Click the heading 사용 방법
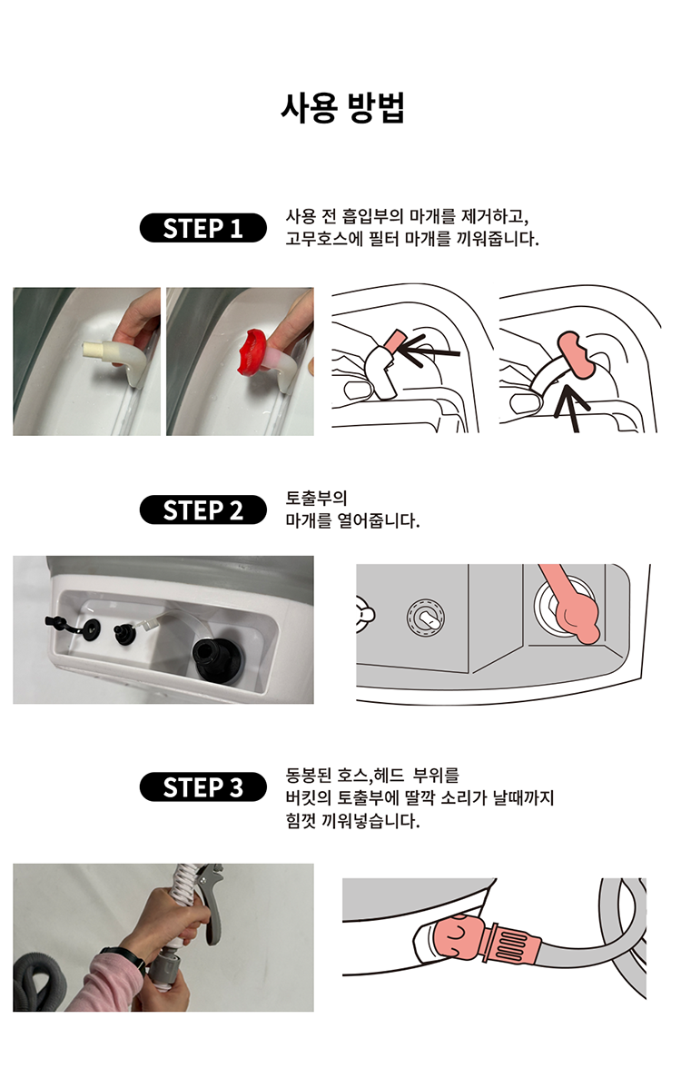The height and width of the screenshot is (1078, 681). pos(342,108)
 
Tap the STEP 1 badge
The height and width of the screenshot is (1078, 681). pos(202,228)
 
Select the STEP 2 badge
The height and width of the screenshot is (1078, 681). pos(202,509)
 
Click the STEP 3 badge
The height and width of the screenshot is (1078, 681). pos(202,787)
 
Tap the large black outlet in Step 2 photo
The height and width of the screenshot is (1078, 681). pos(217,659)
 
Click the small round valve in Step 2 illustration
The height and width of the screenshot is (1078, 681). pos(425,617)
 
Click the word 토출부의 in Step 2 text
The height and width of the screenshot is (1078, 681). pos(316,498)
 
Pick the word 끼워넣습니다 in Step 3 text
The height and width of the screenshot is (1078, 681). pos(371,820)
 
